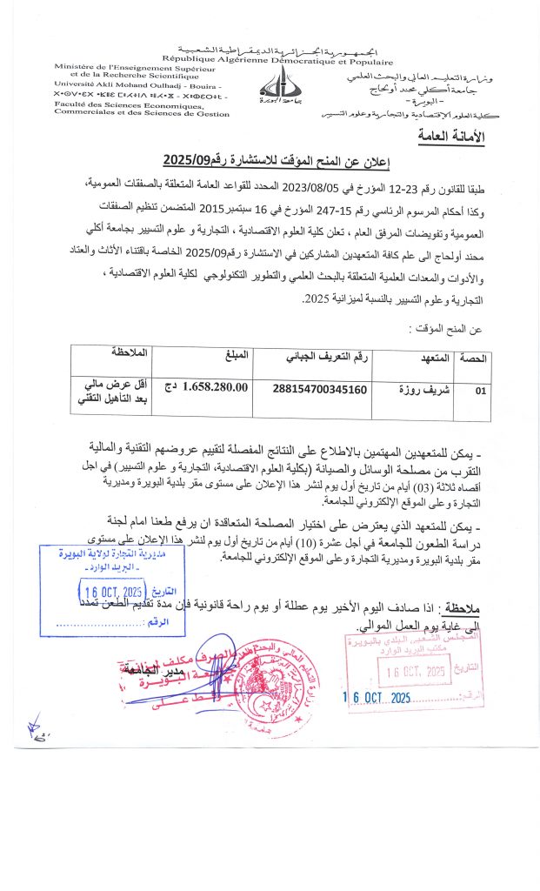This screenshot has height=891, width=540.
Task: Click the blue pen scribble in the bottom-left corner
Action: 36,724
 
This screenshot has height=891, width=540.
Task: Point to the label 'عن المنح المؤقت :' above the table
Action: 445,328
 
